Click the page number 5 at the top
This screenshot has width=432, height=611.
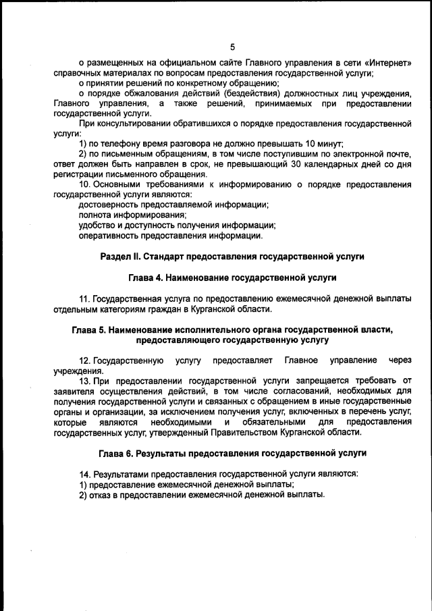233,47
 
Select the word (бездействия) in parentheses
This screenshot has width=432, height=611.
254,92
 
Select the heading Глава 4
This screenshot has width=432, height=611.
146,277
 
